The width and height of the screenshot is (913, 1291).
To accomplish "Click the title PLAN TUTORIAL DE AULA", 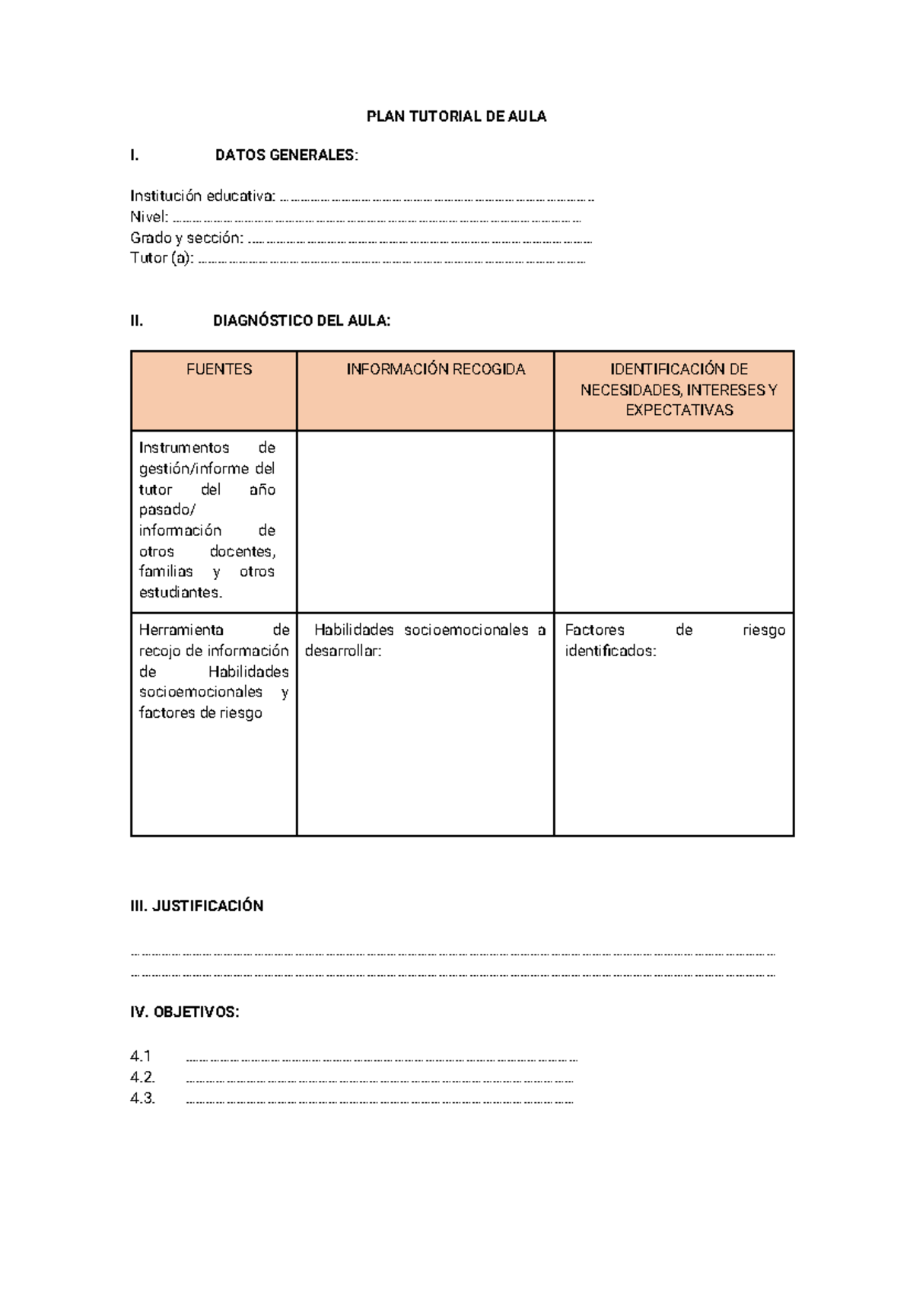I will [456, 116].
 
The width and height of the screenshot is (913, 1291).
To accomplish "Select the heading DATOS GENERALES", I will [286, 155].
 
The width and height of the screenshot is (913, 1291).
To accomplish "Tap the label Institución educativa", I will [202, 196].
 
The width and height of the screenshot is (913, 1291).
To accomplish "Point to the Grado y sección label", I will [186, 238].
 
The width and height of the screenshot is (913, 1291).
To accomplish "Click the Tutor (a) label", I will [161, 258].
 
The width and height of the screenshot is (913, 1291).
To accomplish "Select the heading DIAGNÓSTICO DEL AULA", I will [301, 321].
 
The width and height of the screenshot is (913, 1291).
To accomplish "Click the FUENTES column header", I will [219, 369].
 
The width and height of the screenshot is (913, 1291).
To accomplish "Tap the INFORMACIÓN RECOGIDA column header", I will [435, 369].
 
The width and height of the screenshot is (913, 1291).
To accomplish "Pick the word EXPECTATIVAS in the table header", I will [679, 410].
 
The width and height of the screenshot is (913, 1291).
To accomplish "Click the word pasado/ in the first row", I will [167, 510].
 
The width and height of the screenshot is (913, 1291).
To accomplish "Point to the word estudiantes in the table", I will [180, 592].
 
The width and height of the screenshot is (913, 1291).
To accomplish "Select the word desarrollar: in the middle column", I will [343, 652].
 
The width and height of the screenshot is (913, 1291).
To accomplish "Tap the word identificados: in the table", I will [610, 652].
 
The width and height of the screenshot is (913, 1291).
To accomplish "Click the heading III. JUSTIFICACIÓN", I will [196, 906].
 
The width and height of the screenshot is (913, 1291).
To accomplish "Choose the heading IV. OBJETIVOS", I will [184, 1012].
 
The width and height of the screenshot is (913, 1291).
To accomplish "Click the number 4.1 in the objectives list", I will [141, 1057].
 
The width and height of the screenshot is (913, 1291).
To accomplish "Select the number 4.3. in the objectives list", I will [142, 1098].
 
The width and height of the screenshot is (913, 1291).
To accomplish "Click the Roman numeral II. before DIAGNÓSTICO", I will [137, 321].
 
